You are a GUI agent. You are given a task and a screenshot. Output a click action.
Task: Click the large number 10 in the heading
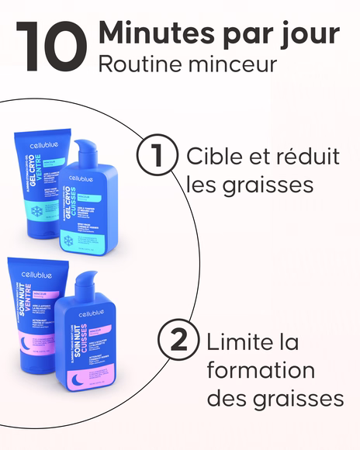[51, 46]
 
